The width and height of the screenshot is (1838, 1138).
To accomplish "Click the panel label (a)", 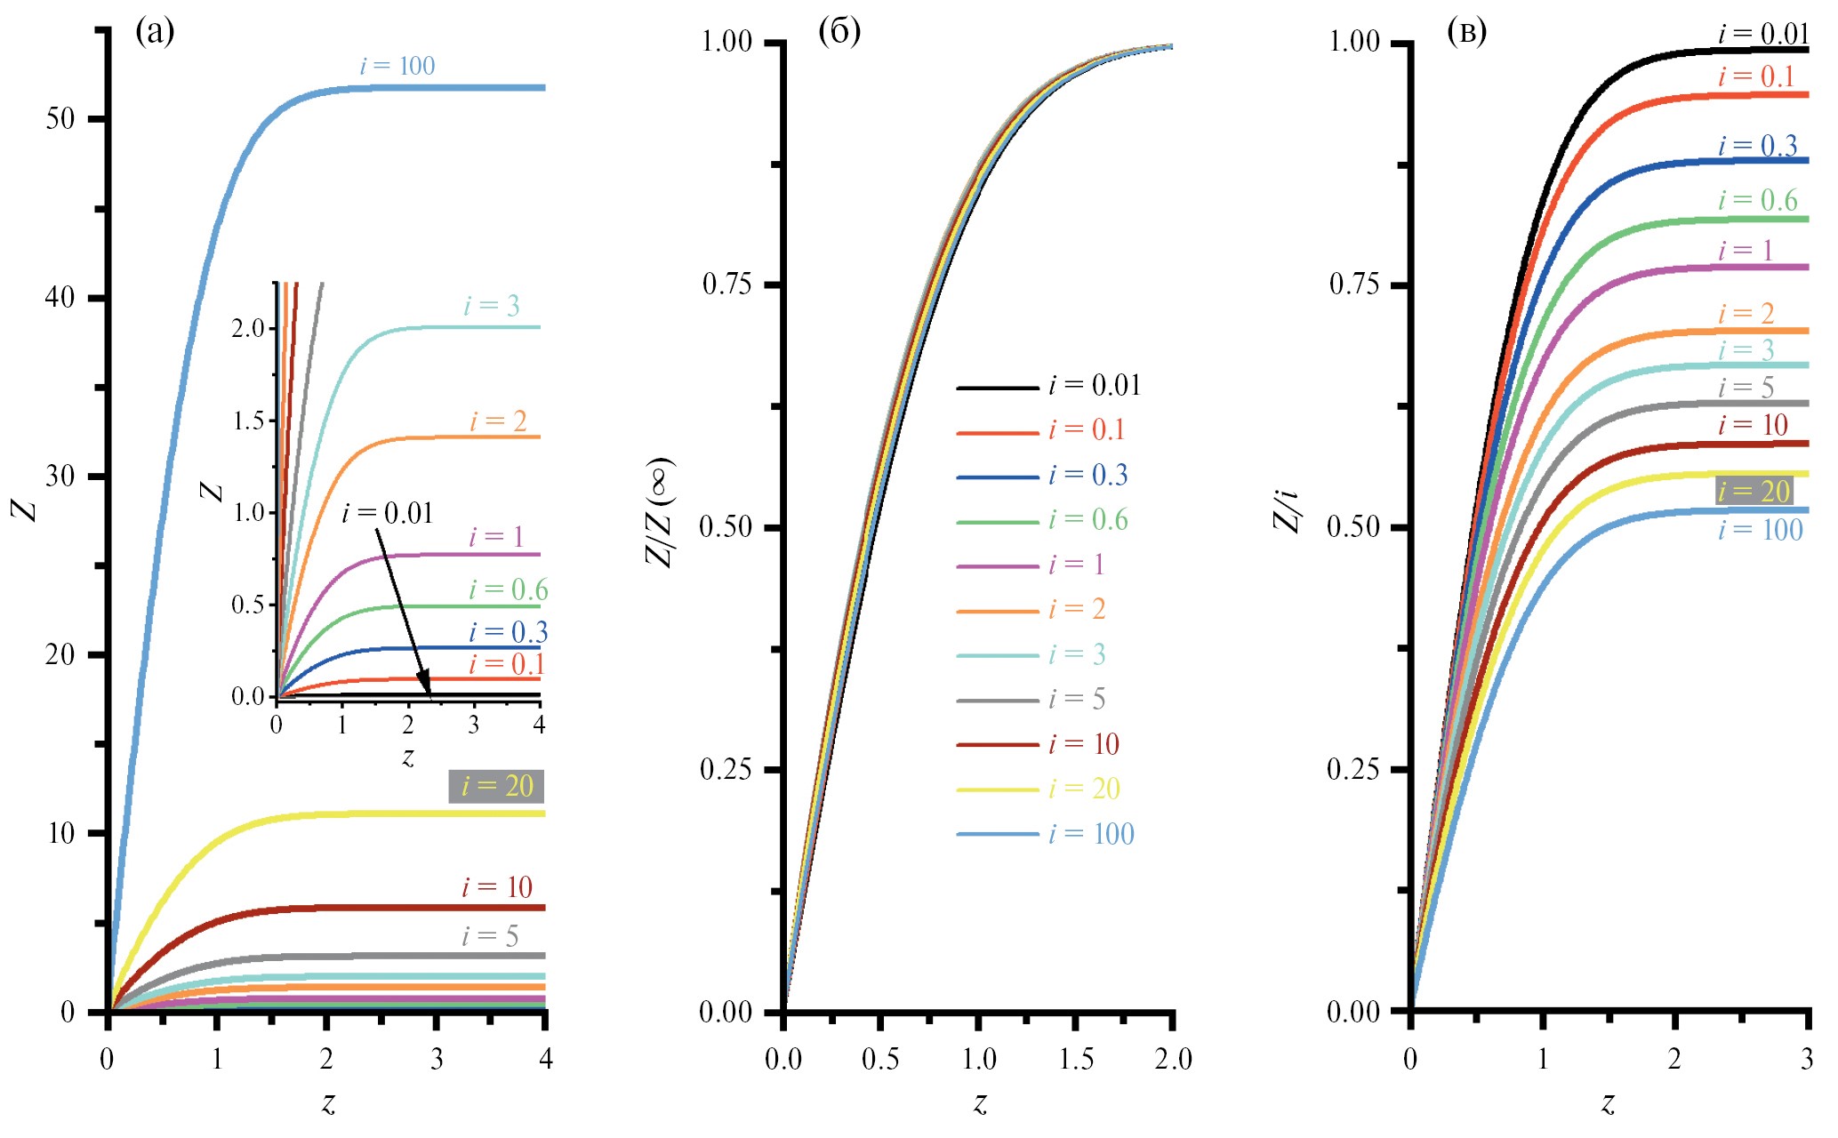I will [x=155, y=32].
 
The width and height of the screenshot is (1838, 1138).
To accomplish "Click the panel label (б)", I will [x=839, y=32].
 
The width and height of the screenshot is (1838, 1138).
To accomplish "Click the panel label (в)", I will [x=1467, y=32].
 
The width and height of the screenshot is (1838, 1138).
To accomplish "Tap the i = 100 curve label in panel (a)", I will [x=397, y=66].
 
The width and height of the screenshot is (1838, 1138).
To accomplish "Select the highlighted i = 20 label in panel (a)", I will [x=496, y=786].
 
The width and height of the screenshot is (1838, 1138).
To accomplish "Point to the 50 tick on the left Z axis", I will [x=60, y=119].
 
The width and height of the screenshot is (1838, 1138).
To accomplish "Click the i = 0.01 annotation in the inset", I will [x=388, y=513].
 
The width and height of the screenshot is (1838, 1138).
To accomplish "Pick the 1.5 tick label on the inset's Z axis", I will [x=248, y=421].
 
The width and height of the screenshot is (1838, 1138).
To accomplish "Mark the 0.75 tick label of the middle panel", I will [x=727, y=284].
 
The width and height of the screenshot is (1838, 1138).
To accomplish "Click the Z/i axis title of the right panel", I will [x=1287, y=511].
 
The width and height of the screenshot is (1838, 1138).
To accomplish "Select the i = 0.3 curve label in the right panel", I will [x=1757, y=146].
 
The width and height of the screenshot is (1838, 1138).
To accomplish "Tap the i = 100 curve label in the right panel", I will [x=1760, y=531].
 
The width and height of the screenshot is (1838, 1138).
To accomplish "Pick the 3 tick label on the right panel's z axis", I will [x=1807, y=1059].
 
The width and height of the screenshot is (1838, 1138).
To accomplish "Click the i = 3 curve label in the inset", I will [x=491, y=307].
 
